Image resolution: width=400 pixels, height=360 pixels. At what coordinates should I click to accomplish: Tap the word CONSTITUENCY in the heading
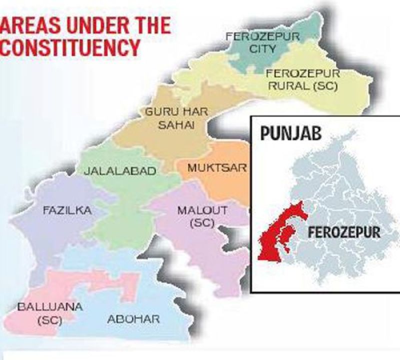70,48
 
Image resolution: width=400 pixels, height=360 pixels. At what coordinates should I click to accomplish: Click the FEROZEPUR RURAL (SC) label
303,79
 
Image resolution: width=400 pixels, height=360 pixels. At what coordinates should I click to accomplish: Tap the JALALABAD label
119,170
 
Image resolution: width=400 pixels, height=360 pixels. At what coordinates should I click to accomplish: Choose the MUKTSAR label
216,167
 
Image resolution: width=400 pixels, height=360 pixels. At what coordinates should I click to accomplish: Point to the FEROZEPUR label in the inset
344,232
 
